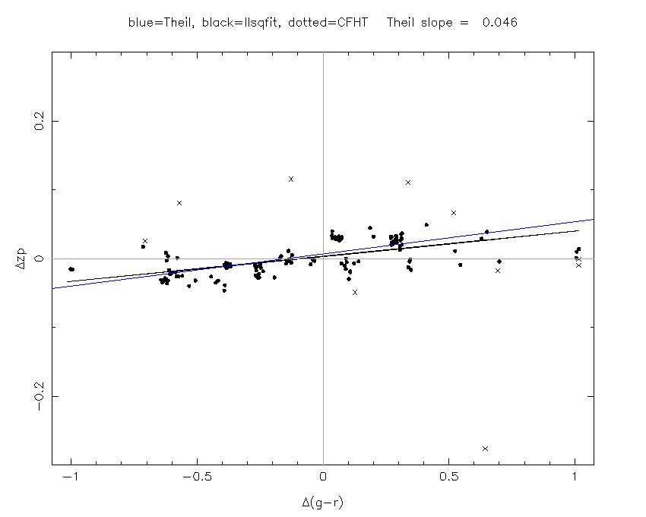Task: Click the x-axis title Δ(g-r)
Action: pyautogui.click(x=323, y=503)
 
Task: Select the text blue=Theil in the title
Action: pyautogui.click(x=156, y=23)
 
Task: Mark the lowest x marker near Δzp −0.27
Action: pyautogui.click(x=485, y=449)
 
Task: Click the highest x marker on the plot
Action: pyautogui.click(x=291, y=179)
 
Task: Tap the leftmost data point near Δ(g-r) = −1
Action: pyautogui.click(x=71, y=268)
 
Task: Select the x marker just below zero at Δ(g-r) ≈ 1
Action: pyautogui.click(x=578, y=265)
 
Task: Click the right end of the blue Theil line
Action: pyautogui.click(x=593, y=219)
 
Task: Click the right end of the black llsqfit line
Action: pyautogui.click(x=578, y=230)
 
